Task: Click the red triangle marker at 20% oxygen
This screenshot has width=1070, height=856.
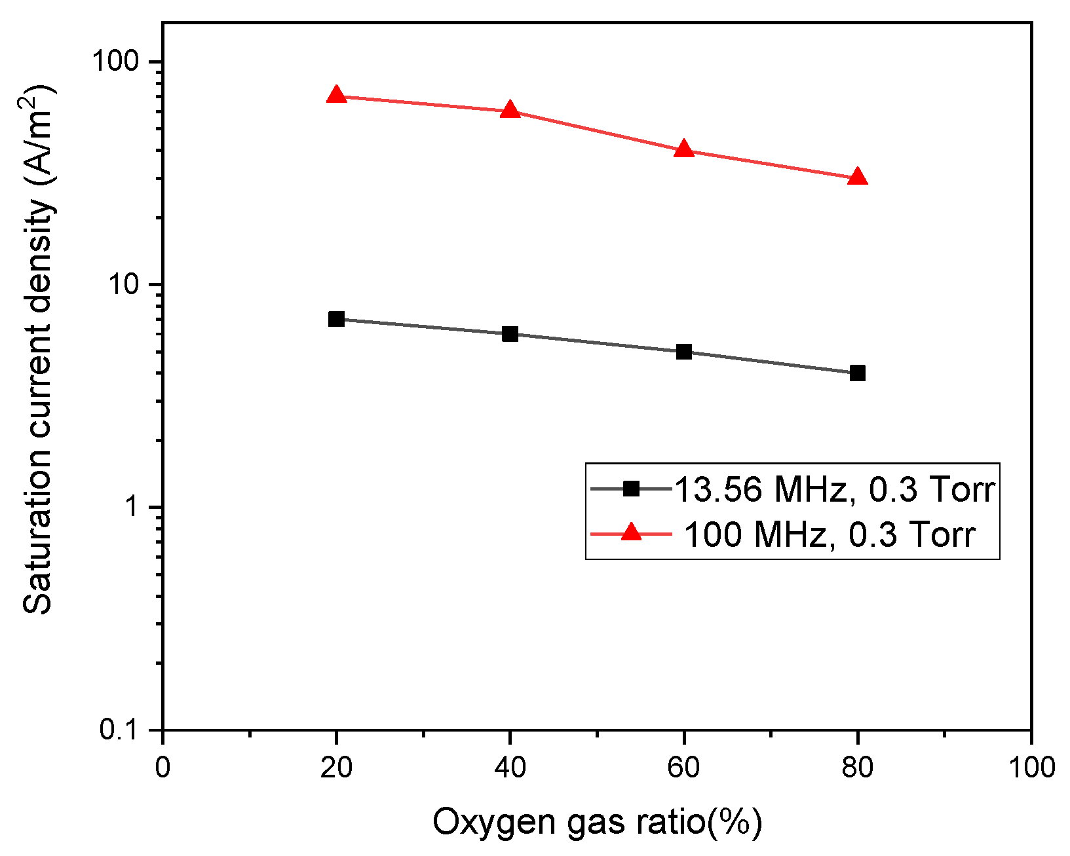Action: point(336,95)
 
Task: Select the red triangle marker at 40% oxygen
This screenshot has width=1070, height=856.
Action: point(510,110)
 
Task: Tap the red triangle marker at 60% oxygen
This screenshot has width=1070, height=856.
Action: point(683,149)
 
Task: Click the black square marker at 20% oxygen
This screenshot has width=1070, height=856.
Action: point(336,319)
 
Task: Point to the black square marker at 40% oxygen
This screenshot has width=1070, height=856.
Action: point(510,334)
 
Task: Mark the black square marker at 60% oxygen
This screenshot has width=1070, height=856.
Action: point(683,352)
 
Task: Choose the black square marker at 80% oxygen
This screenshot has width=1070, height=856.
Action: point(857,373)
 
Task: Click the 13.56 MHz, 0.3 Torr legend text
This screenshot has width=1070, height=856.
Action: point(834,489)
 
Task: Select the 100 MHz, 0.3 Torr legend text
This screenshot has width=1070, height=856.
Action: point(830,534)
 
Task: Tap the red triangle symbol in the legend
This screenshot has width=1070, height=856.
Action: point(630,532)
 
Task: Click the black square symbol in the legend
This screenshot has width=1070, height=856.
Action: point(630,488)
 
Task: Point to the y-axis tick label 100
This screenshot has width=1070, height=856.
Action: point(115,62)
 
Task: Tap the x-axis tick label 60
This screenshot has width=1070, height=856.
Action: point(683,767)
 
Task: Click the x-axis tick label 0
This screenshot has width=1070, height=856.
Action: point(162,767)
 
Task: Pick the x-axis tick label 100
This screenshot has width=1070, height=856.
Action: point(1031,767)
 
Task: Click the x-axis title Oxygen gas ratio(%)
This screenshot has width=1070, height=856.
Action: point(596,822)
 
